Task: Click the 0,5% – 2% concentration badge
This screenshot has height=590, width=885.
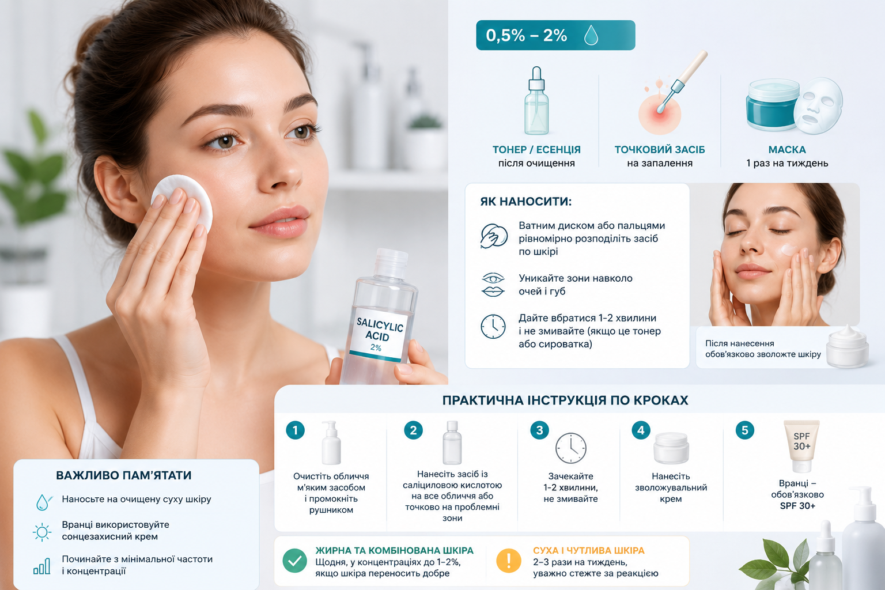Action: (x=555, y=35)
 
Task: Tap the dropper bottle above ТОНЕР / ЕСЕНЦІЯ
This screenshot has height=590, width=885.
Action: (x=536, y=101)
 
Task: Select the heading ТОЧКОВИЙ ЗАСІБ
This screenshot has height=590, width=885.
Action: (x=659, y=150)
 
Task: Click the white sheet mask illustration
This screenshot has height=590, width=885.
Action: (x=818, y=105)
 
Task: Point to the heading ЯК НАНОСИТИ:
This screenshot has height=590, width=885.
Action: (x=526, y=202)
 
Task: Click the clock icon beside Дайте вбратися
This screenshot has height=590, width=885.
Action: (x=493, y=327)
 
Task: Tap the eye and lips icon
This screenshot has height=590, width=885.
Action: (x=493, y=284)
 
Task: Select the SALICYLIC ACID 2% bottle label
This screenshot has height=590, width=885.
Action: (x=379, y=335)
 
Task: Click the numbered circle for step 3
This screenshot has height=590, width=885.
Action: (x=539, y=430)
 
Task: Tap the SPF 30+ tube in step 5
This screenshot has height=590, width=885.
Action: (x=801, y=446)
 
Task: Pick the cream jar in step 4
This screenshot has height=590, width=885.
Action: (x=671, y=448)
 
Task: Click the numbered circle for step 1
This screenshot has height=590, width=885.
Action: (x=295, y=430)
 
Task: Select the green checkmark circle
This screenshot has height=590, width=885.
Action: (x=295, y=561)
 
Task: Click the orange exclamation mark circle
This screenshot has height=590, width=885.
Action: (x=509, y=561)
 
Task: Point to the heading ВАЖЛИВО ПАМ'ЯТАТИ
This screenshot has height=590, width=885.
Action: (x=124, y=475)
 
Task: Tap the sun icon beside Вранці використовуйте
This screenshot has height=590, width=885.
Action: (x=42, y=532)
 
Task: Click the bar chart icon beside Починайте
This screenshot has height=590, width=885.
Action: (x=42, y=566)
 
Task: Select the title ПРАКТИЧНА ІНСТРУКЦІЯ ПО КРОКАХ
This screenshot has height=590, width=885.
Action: (x=565, y=400)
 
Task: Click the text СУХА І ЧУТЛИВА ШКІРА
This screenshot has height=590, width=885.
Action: (x=589, y=550)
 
